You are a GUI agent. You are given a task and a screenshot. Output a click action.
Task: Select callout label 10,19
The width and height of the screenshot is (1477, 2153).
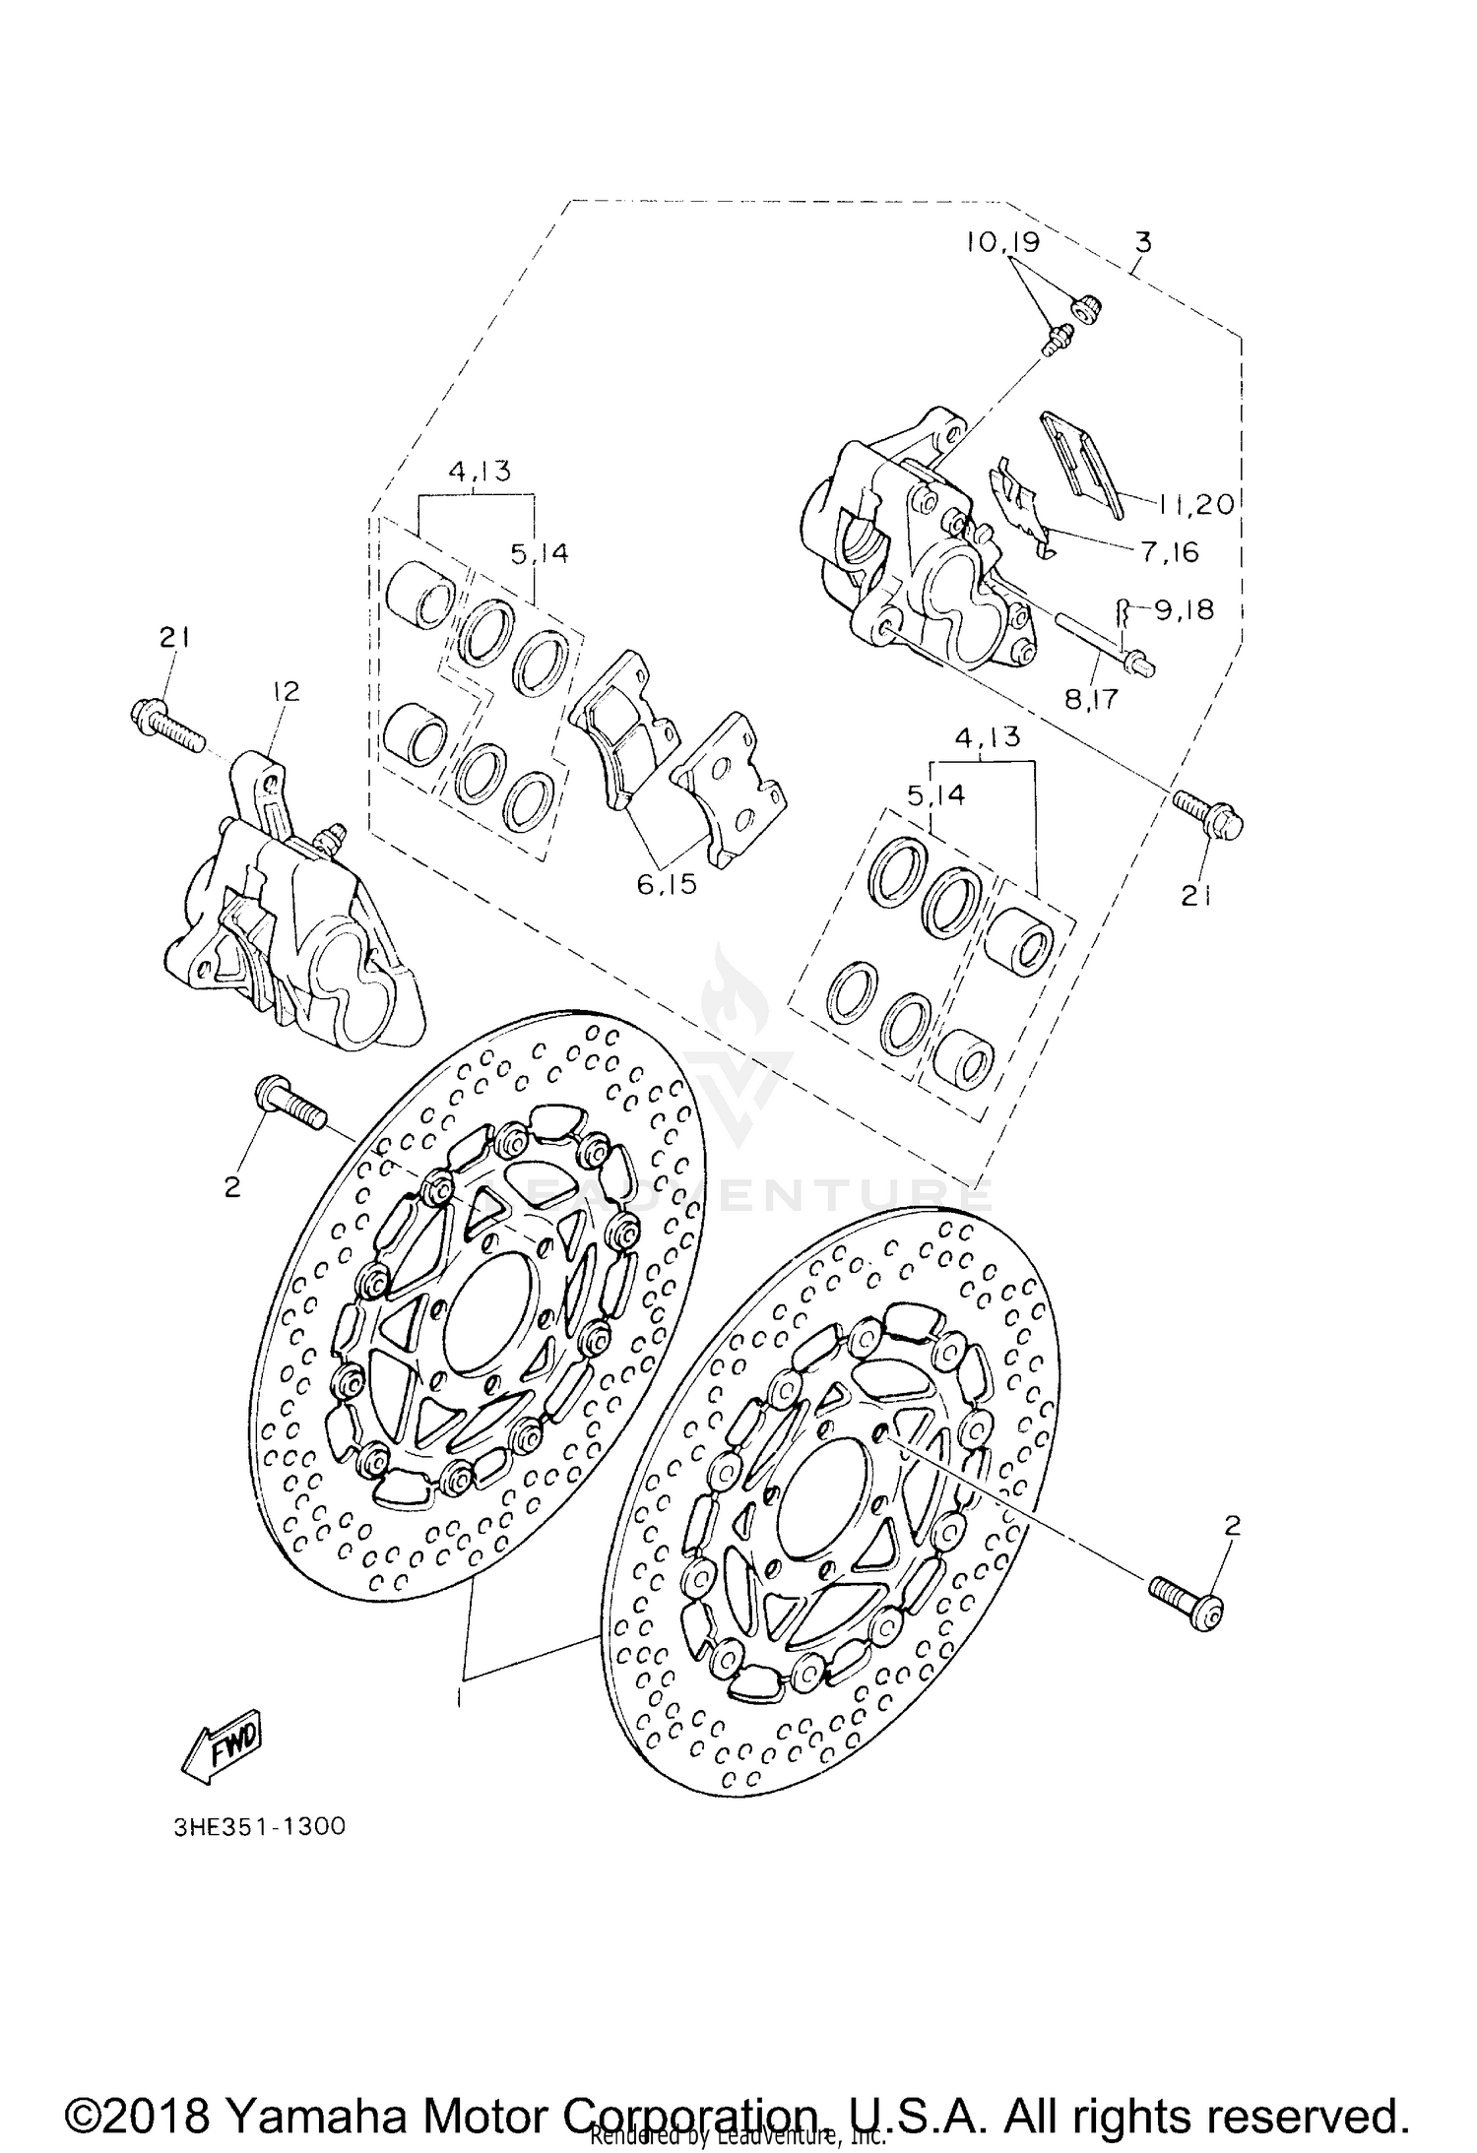[1001, 243]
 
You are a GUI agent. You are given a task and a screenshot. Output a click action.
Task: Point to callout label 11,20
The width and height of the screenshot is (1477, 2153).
[1194, 504]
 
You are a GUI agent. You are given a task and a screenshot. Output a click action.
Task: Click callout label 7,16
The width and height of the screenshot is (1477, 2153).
[1170, 552]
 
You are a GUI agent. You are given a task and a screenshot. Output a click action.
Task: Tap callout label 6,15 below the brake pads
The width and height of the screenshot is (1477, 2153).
[666, 884]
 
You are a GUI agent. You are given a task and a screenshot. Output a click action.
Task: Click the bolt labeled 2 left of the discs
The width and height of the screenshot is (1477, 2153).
[290, 1103]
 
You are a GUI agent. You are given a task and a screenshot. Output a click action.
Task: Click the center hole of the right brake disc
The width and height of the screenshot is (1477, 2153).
[822, 1495]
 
